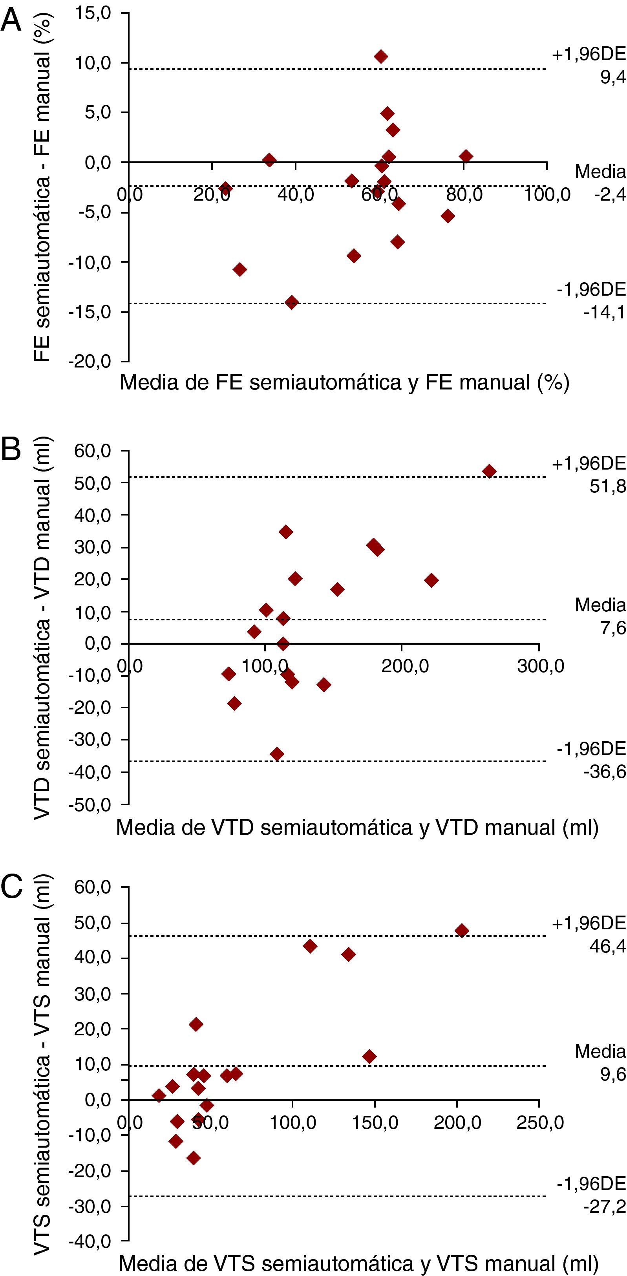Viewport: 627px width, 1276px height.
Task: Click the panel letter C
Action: pos(12,886)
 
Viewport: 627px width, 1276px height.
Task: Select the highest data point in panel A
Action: pos(380,57)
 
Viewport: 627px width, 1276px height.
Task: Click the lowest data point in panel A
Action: pos(292,302)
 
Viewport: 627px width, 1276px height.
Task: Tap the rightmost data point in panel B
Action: pos(489,471)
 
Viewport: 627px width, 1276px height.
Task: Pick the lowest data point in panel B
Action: pos(277,754)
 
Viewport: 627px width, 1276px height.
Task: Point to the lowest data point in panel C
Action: pos(194,1157)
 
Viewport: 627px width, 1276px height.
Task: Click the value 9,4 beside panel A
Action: pos(613,77)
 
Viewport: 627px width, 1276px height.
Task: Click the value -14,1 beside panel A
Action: pos(604,313)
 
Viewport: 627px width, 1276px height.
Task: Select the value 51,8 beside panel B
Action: pos(607,486)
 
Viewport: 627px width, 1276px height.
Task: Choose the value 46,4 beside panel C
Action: pos(607,946)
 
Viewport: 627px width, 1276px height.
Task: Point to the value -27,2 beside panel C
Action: pos(604,1206)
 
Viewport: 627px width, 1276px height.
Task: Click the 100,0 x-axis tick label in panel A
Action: pos(547,195)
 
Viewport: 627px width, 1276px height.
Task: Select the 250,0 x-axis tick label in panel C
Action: pos(540,1122)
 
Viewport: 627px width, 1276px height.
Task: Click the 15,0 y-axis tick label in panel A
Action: pos(93,13)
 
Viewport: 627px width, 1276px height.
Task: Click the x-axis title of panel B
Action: pos(357,827)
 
